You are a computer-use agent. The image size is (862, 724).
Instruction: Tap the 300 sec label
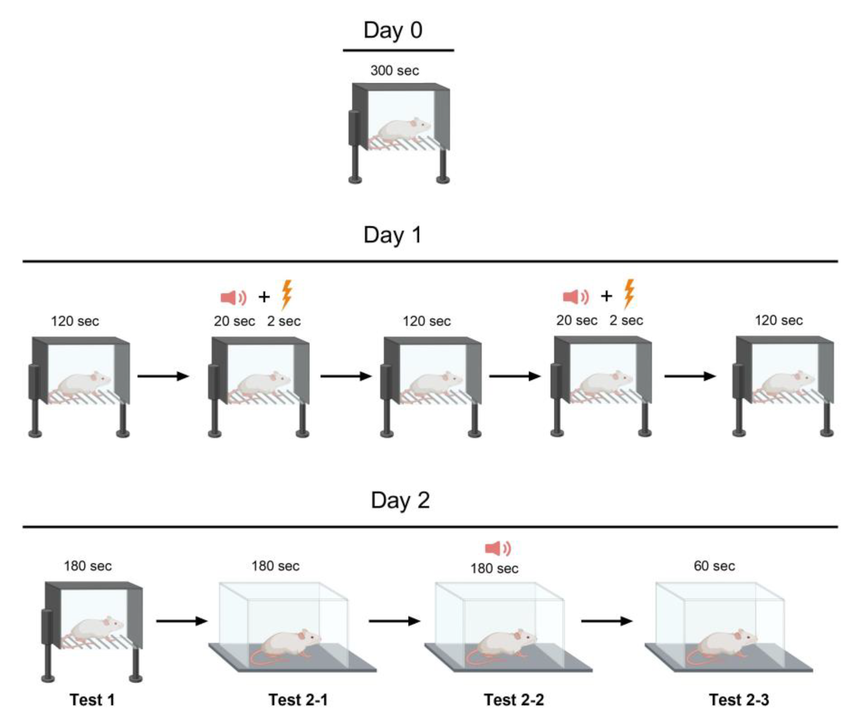click(394, 71)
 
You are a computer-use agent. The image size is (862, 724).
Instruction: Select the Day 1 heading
click(393, 235)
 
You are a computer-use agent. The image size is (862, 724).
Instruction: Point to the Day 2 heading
click(400, 500)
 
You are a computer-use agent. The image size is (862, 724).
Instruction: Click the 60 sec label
click(714, 566)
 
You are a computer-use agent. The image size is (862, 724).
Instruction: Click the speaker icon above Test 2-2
click(498, 548)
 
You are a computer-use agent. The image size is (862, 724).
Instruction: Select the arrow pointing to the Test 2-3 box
click(606, 621)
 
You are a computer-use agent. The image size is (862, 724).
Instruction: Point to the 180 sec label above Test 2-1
click(276, 566)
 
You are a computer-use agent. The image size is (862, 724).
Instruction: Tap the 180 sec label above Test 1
click(87, 566)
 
